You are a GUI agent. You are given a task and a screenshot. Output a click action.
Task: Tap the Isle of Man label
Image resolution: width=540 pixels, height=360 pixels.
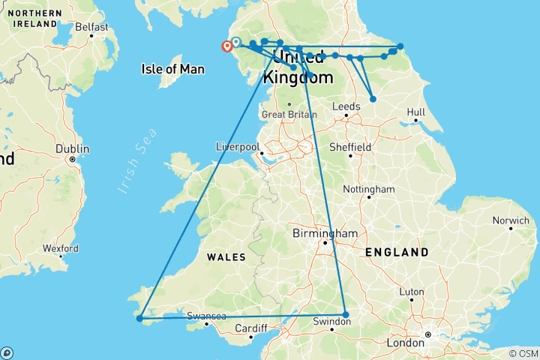coord(172,69)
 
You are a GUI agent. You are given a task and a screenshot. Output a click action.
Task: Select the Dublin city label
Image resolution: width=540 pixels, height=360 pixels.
coord(73,148)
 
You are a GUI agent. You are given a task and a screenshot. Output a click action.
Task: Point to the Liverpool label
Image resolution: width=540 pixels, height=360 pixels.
coord(237,145)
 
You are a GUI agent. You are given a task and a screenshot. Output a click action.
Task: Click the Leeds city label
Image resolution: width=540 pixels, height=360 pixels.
coord(346,106)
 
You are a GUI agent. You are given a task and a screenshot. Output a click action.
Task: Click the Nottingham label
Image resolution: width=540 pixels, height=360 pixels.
coord(369,189)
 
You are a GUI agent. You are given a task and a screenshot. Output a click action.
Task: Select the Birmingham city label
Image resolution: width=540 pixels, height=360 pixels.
coord(325,233)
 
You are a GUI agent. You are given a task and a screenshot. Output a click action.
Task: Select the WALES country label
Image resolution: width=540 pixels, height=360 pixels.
coord(226,256)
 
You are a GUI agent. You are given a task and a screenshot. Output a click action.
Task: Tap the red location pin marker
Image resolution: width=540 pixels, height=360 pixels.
coord(226,46)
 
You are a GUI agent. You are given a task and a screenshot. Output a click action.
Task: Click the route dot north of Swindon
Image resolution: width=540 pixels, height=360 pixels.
coord(345,314)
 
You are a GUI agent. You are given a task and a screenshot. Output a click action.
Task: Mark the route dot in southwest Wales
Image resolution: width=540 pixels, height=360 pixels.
coord(139,319)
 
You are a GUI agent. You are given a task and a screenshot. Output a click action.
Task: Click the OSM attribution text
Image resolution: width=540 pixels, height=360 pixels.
coord(523,353)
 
